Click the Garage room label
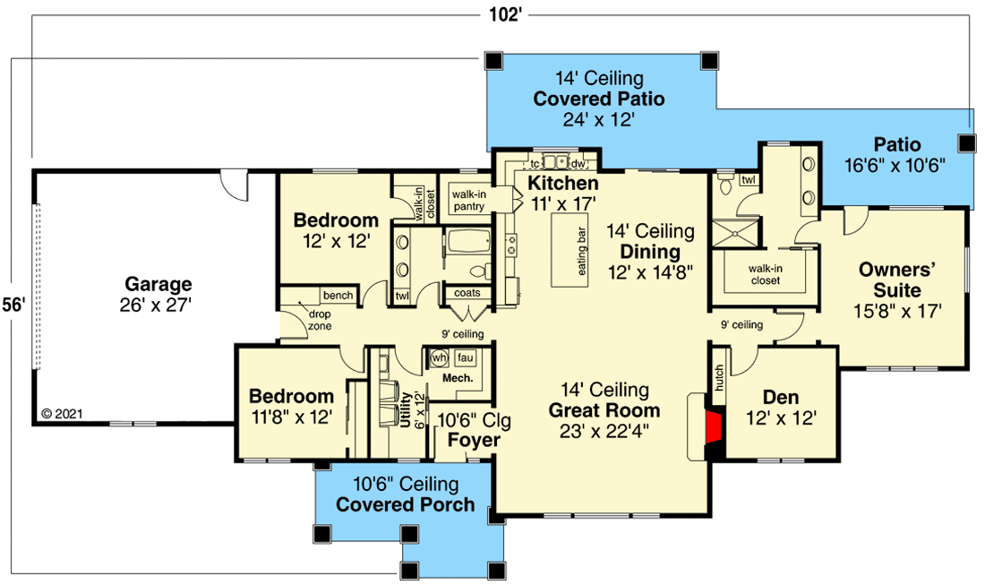[158, 285]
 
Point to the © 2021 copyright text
[62, 414]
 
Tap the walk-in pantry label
[467, 200]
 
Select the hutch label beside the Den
[719, 378]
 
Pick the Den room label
[780, 397]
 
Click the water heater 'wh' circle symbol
[439, 357]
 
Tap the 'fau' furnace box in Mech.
[465, 357]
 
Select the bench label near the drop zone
[338, 295]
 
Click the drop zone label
[320, 320]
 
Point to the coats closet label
[467, 293]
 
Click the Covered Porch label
[406, 504]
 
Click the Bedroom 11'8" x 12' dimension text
[291, 417]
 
